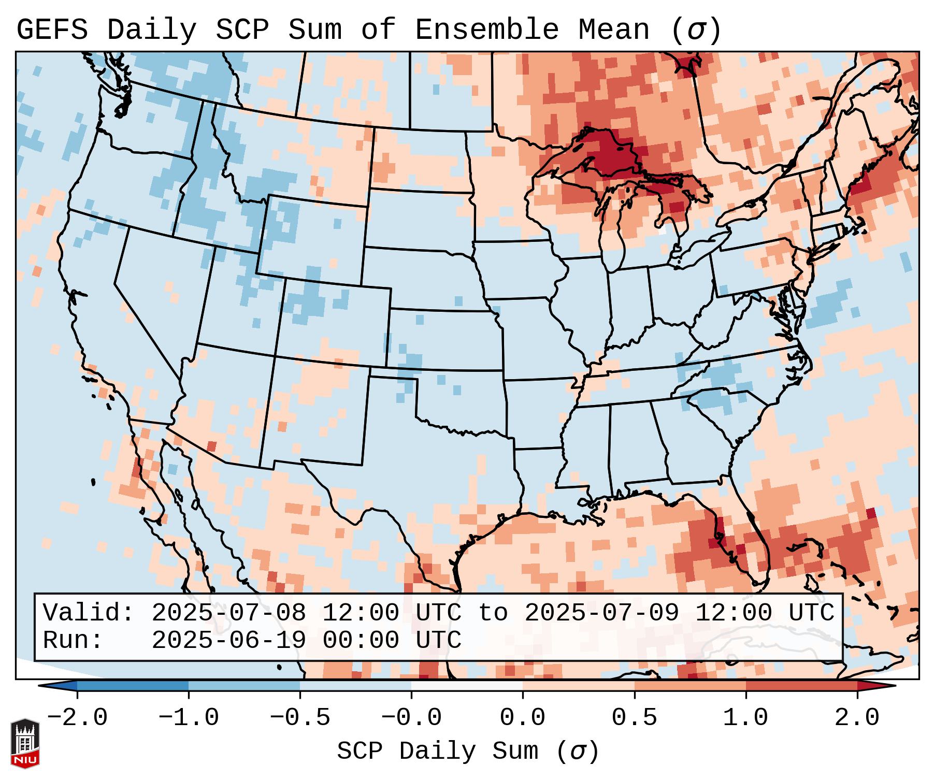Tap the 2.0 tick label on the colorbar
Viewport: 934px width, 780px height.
tap(857, 718)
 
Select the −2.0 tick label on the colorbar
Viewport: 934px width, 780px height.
tap(77, 718)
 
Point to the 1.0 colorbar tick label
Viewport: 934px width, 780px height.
tap(745, 718)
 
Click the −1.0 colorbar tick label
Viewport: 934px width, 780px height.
tap(188, 718)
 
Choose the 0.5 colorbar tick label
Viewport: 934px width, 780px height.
tap(634, 718)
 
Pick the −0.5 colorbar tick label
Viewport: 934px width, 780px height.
tap(299, 718)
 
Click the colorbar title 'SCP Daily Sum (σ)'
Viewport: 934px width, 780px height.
tap(467, 752)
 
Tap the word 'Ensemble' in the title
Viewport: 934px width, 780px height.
tap(487, 30)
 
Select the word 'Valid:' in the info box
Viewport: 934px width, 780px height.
tap(88, 613)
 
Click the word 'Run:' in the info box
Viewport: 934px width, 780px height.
tap(73, 641)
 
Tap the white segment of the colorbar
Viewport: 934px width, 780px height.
tap(467, 686)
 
